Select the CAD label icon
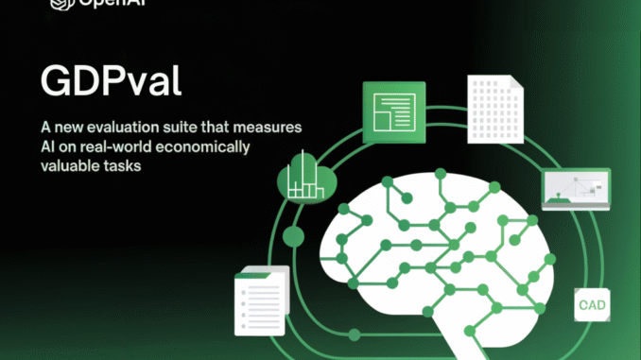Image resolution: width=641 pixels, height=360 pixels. pyautogui.click(x=593, y=304)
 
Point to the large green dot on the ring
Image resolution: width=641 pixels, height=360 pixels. pyautogui.click(x=293, y=235)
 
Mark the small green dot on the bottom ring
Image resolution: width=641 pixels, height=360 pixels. pyautogui.click(x=354, y=333)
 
